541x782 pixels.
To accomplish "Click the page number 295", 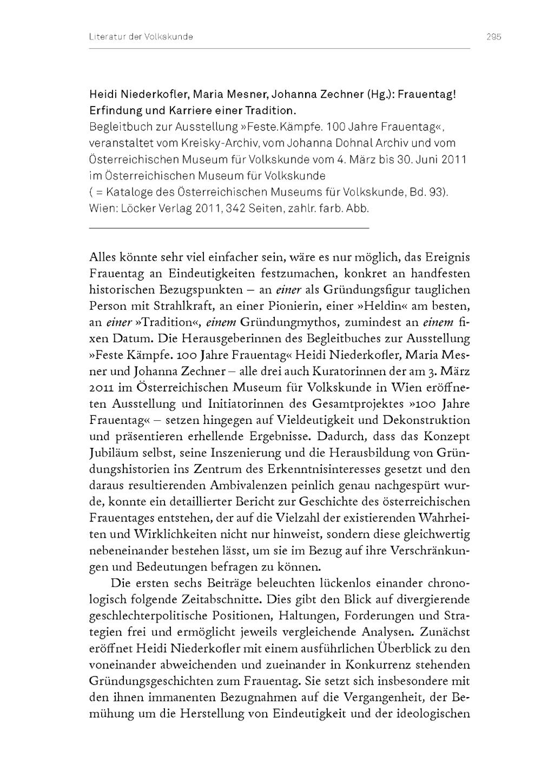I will tap(493, 37).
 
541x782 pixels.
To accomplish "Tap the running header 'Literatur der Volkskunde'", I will tap(141, 37).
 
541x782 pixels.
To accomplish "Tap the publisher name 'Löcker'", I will tap(135, 209).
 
